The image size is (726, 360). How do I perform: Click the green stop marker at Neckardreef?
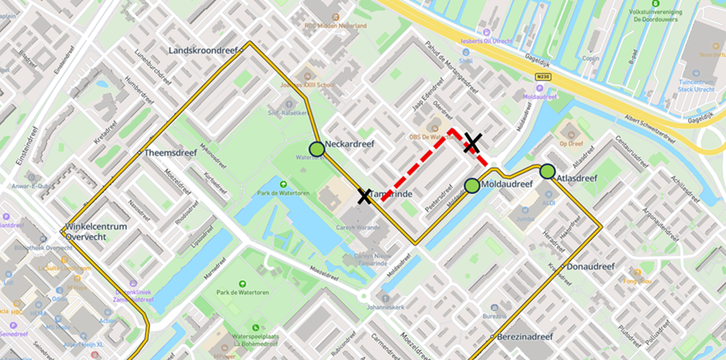[316, 148]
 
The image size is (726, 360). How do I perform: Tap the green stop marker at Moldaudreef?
[472, 185]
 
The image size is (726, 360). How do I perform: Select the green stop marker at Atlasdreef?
[548, 172]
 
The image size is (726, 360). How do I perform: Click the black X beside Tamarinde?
[364, 196]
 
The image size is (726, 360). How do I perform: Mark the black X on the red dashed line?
[473, 143]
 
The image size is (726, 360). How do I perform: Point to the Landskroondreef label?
[203, 51]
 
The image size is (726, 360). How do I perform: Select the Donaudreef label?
[590, 267]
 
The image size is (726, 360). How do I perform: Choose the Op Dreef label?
[571, 144]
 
